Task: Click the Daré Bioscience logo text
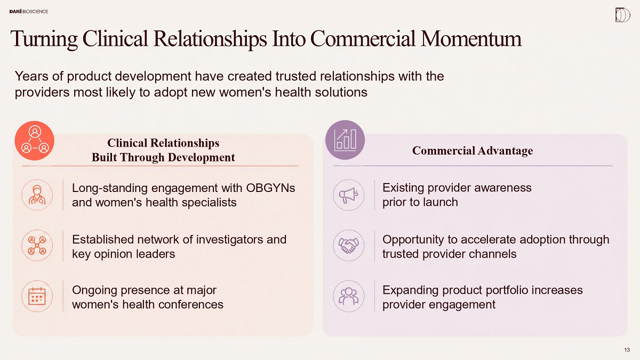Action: click(29, 11)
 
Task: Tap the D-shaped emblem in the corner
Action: click(622, 15)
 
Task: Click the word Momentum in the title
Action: click(471, 39)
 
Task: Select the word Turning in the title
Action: click(44, 39)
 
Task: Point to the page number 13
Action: click(627, 350)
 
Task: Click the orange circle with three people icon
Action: click(35, 141)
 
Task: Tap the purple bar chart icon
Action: click(345, 140)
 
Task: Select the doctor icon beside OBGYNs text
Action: click(37, 195)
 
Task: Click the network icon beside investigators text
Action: click(37, 245)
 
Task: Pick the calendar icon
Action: click(37, 296)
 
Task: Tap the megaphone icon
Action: click(349, 195)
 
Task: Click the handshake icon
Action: click(349, 245)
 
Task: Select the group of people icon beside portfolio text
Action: click(349, 296)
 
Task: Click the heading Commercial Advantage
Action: click(473, 151)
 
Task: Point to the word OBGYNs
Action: click(270, 188)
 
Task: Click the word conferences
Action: click(188, 305)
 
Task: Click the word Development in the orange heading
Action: click(202, 158)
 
